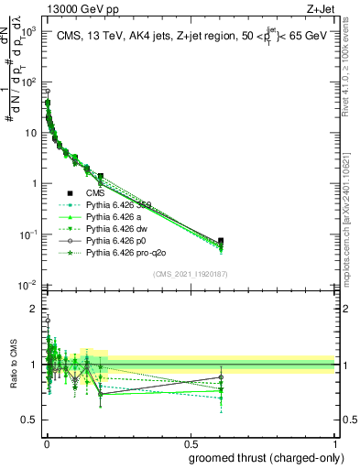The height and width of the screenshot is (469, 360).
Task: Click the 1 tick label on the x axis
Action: click(334, 444)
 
